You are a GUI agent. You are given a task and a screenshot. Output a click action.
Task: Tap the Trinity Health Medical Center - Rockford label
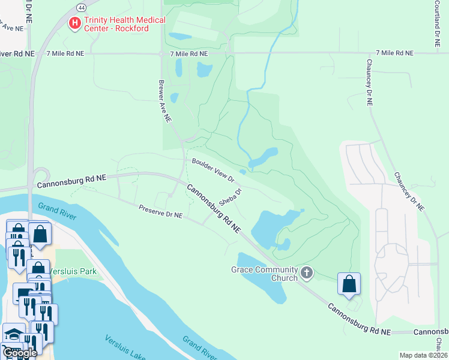pyautogui.click(x=124, y=24)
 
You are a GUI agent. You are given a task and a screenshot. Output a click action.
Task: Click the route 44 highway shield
pyautogui.click(x=81, y=7)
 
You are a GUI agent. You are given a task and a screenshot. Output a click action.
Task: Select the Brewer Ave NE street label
pyautogui.click(x=165, y=101)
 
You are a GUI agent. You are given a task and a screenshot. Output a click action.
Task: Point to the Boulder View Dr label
pyautogui.click(x=212, y=170)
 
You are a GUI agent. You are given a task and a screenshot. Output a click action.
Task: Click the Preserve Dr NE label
pyautogui.click(x=160, y=212)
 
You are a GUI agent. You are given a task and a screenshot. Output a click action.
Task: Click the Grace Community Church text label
pyautogui.click(x=264, y=274)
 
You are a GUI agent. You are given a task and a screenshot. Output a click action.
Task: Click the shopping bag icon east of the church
pyautogui.click(x=349, y=284)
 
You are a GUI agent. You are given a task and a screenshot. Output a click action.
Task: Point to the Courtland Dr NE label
pyautogui.click(x=437, y=24)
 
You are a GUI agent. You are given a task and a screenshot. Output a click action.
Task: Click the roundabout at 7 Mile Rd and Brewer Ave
pyautogui.click(x=161, y=54)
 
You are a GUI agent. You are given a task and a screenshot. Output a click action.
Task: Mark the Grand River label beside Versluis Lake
pyautogui.click(x=200, y=347)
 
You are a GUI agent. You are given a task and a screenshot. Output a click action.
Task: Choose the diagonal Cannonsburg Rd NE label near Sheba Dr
pyautogui.click(x=213, y=208)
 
